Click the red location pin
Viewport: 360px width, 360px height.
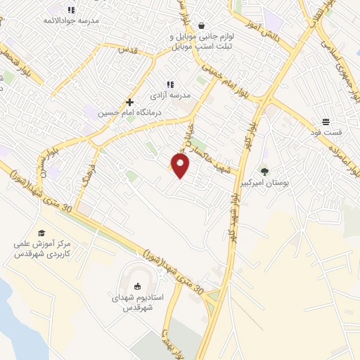click(181, 166)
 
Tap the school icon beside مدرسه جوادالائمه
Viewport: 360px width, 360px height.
click(71, 10)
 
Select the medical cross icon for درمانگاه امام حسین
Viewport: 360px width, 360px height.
click(129, 102)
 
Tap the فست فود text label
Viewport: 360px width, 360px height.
click(326, 132)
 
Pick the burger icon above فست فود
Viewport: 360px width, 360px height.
click(326, 121)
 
